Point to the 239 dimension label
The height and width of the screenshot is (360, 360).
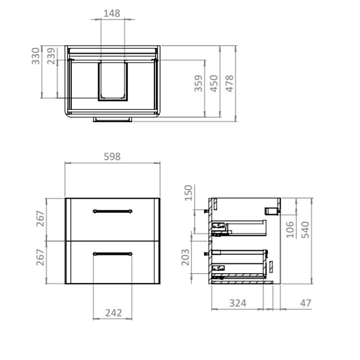click(x=52, y=56)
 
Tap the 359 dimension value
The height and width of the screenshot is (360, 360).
click(x=199, y=84)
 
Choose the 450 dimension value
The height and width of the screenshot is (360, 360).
click(x=214, y=84)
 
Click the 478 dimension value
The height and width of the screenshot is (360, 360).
click(x=230, y=84)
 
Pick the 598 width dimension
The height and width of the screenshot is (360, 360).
click(x=112, y=157)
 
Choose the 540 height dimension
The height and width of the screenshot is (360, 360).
click(x=305, y=230)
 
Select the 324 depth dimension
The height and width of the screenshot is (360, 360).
click(x=238, y=303)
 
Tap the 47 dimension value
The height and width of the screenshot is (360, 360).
click(x=306, y=303)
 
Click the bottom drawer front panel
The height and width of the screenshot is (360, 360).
click(x=112, y=268)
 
